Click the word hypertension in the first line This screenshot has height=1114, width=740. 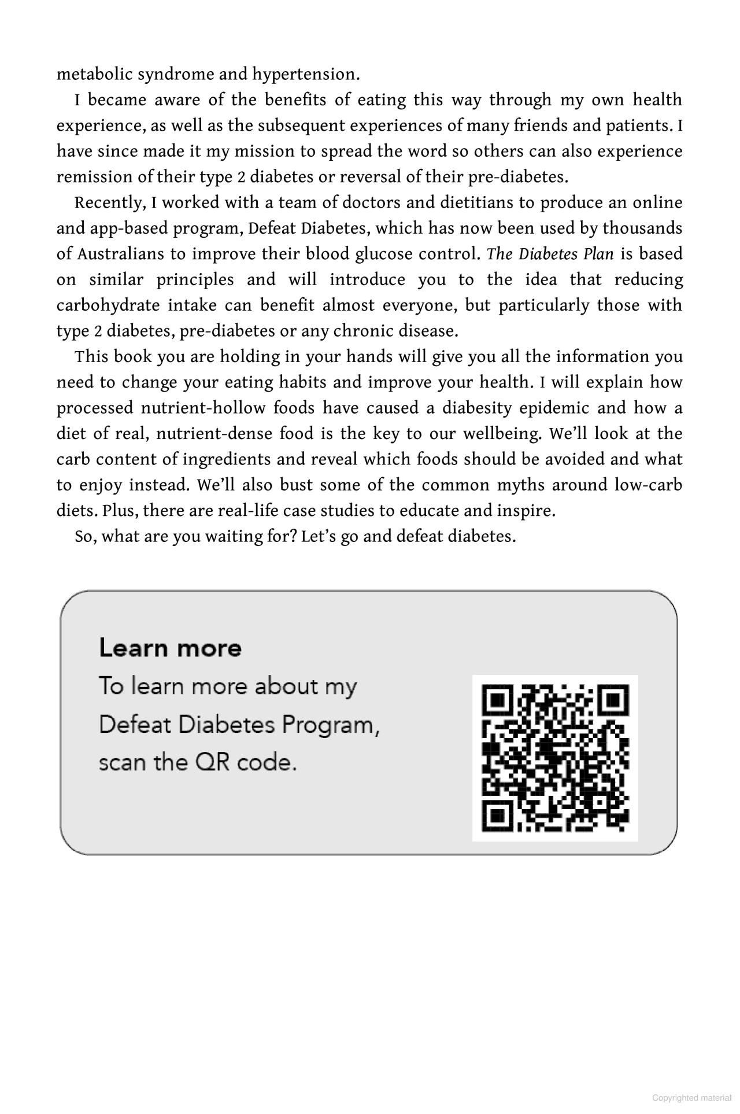point(305,75)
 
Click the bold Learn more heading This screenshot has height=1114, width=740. point(171,648)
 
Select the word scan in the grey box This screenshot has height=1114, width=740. point(122,763)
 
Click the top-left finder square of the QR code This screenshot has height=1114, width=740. point(497,700)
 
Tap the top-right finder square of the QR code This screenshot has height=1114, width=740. point(614,700)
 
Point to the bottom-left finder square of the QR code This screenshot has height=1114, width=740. point(497,817)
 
